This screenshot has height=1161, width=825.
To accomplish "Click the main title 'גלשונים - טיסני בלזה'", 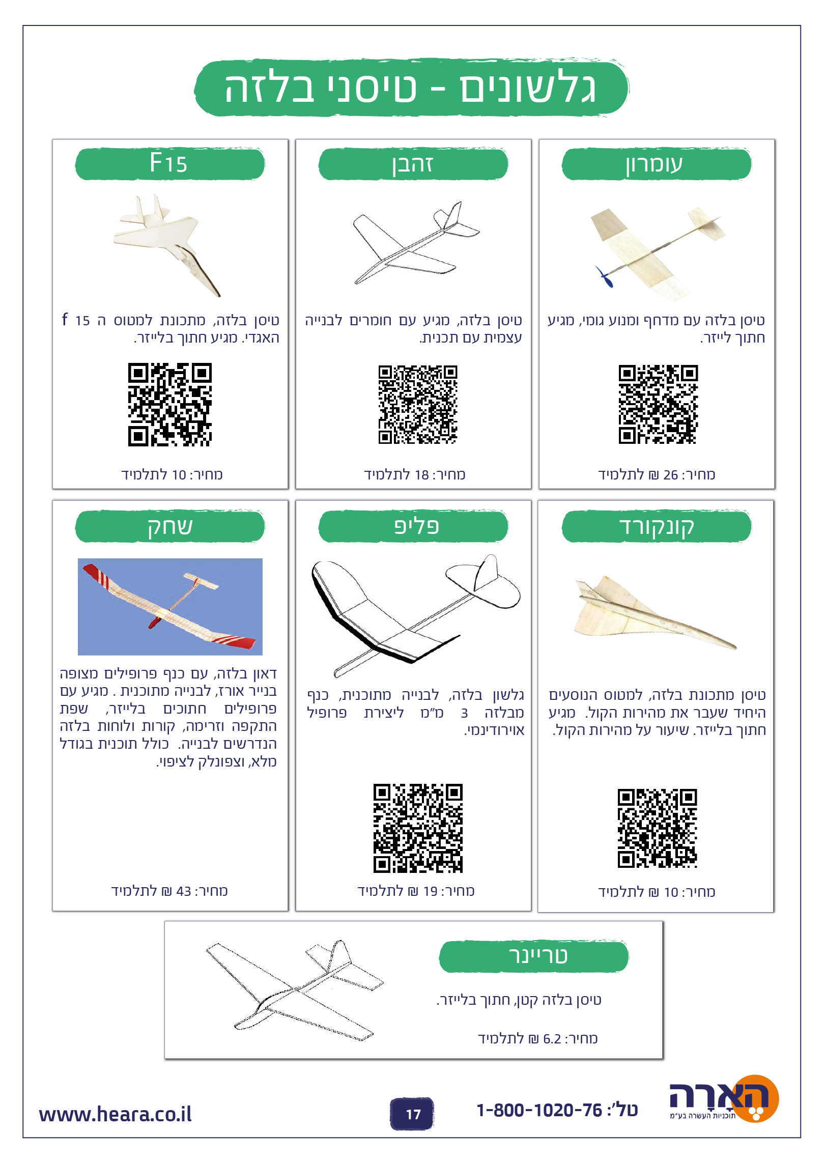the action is tap(410, 88).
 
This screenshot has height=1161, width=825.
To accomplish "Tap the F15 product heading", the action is tap(168, 163).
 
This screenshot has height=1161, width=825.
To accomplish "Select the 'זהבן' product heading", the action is tap(413, 164).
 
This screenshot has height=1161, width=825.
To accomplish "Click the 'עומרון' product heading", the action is tap(655, 164).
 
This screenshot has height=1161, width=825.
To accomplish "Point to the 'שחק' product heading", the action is tap(170, 527).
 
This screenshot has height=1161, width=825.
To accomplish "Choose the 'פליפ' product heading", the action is tap(416, 526).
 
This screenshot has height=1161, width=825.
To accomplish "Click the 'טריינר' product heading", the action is tap(538, 955).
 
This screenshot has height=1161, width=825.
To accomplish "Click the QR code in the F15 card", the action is tap(170, 405).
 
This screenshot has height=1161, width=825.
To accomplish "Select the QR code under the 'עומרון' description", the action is tap(658, 404).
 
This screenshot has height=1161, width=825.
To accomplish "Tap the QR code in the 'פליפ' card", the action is tap(418, 828).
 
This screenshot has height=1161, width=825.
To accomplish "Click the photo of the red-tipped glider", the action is tap(170, 607).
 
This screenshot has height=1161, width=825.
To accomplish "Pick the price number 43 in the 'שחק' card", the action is tap(184, 891).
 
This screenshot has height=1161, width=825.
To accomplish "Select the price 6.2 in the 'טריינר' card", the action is tap(552, 1038).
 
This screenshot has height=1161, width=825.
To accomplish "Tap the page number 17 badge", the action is tap(412, 1114).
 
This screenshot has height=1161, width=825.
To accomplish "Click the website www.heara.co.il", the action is tap(116, 1114).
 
